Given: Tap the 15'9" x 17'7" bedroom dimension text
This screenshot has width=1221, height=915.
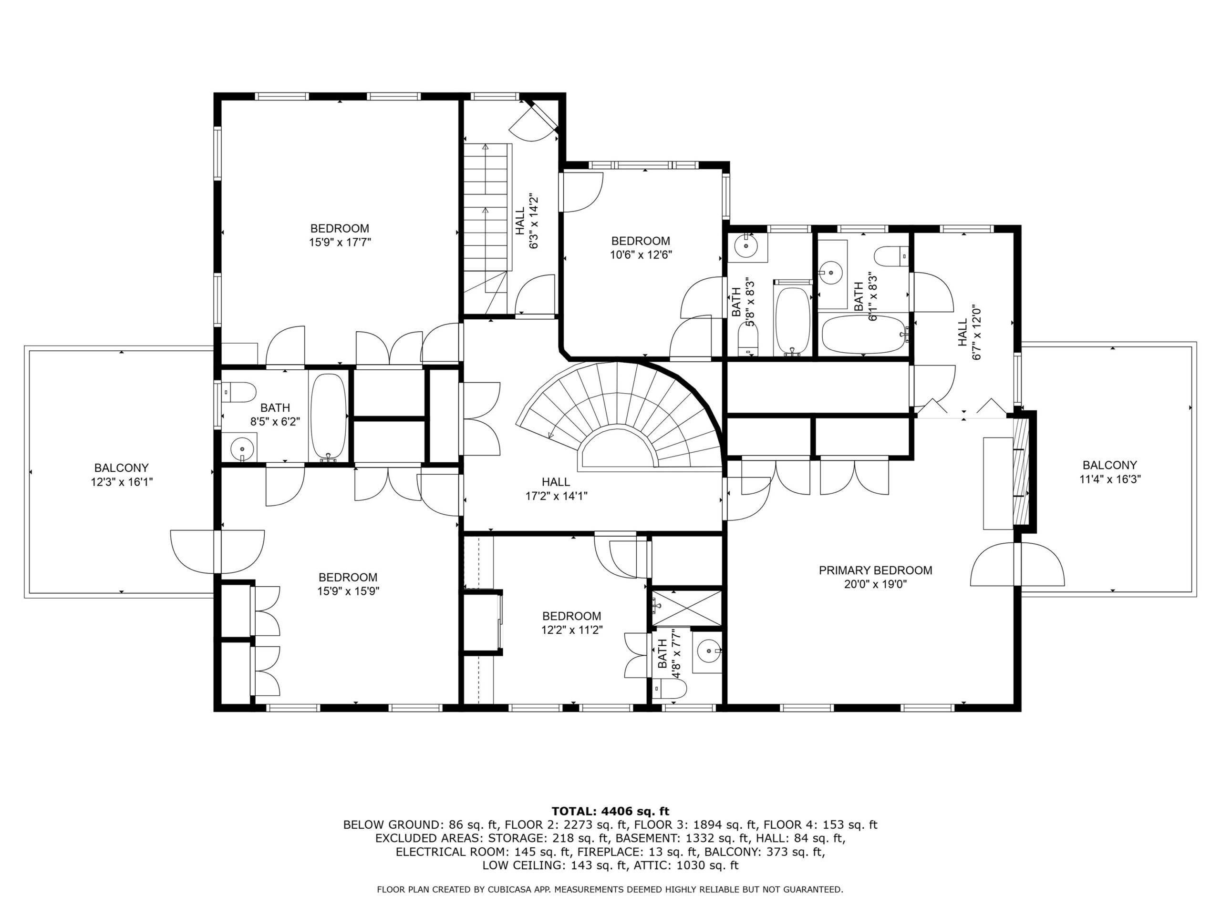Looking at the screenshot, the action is pyautogui.click(x=340, y=242).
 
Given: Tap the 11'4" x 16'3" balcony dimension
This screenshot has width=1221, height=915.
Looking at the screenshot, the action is pyautogui.click(x=1110, y=479).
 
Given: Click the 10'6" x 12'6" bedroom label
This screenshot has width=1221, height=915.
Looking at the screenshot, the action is pyautogui.click(x=641, y=241).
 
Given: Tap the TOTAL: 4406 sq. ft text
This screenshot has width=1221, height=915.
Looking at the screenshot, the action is pyautogui.click(x=610, y=811).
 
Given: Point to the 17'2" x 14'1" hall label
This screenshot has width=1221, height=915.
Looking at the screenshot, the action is pyautogui.click(x=556, y=483).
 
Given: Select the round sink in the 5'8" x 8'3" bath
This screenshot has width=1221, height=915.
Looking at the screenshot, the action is pyautogui.click(x=746, y=246).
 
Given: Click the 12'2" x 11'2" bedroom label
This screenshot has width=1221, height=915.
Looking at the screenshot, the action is pyautogui.click(x=571, y=616).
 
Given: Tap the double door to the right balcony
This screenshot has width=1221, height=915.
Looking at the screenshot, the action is pyautogui.click(x=1017, y=564).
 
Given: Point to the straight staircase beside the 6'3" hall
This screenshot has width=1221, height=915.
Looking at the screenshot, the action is pyautogui.click(x=485, y=218).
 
